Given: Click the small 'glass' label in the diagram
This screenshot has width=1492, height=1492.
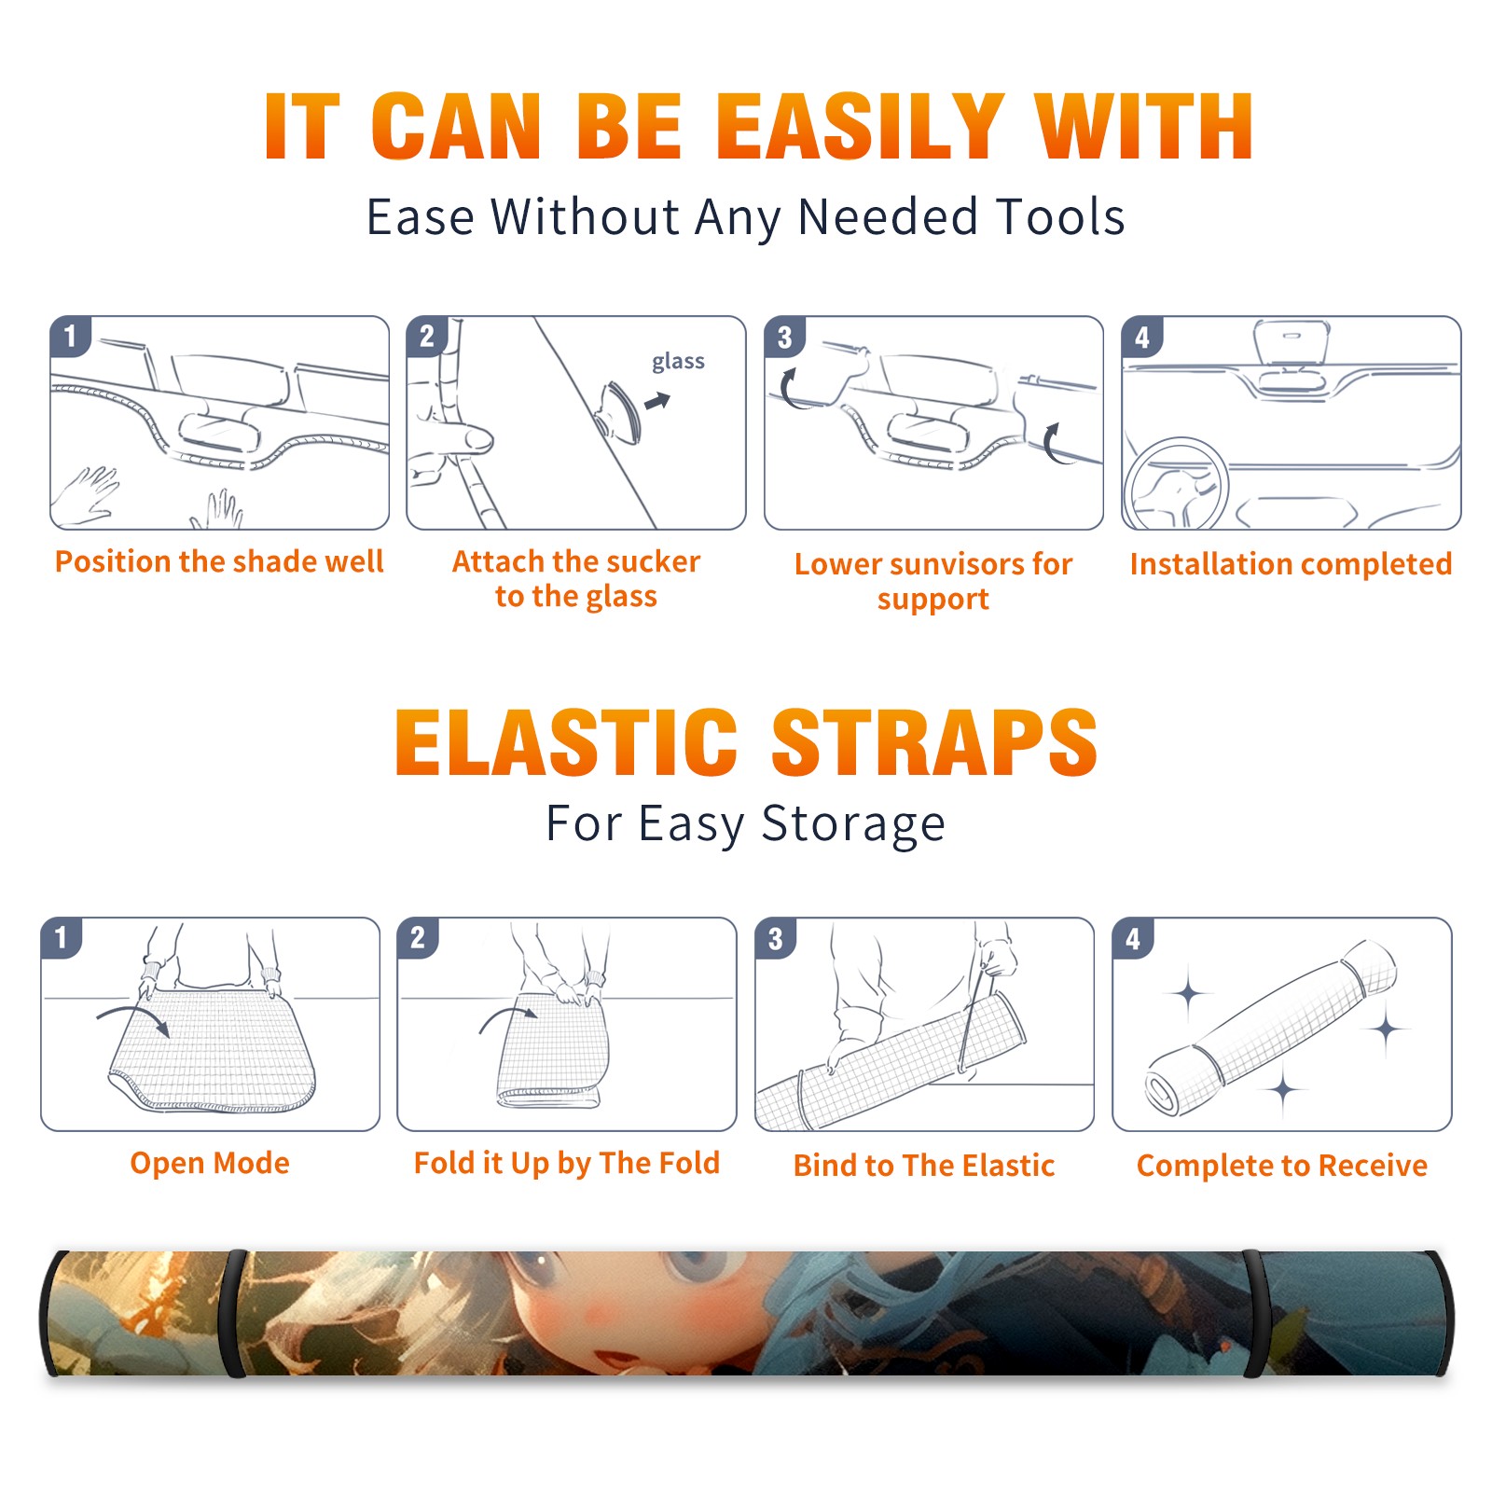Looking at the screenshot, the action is tap(678, 361).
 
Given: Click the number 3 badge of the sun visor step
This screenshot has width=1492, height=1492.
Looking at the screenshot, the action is tap(784, 337).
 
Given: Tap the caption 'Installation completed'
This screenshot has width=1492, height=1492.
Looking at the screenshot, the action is tap(1291, 563).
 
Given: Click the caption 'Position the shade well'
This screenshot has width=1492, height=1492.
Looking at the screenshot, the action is tap(219, 561).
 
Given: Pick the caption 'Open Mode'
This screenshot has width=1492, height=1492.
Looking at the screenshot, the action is tap(210, 1163).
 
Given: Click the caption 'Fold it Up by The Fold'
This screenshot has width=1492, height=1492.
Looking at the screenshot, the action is tap(567, 1163).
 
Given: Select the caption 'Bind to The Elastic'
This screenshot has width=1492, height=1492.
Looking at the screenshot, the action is tap(924, 1166).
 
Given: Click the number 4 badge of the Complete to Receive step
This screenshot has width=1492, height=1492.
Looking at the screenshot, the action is tap(1133, 938).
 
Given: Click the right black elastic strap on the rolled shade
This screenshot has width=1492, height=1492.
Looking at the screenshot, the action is tap(1255, 1313).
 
